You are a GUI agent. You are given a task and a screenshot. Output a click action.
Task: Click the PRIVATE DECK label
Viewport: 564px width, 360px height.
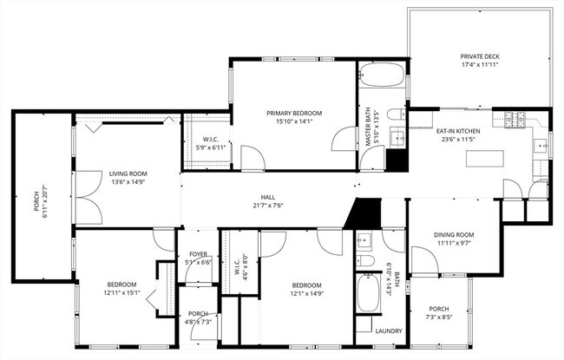pos(480,56)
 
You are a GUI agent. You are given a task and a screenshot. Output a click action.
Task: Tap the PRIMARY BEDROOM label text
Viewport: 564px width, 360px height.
pos(294,114)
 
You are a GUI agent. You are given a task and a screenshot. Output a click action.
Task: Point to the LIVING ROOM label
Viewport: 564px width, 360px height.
pos(128,173)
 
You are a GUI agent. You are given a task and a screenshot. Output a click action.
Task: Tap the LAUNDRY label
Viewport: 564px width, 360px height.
pos(386,331)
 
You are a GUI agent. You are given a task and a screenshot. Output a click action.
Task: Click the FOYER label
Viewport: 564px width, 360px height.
pos(199,253)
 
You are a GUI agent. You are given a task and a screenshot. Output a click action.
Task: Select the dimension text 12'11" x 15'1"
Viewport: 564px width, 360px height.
pos(122,293)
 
